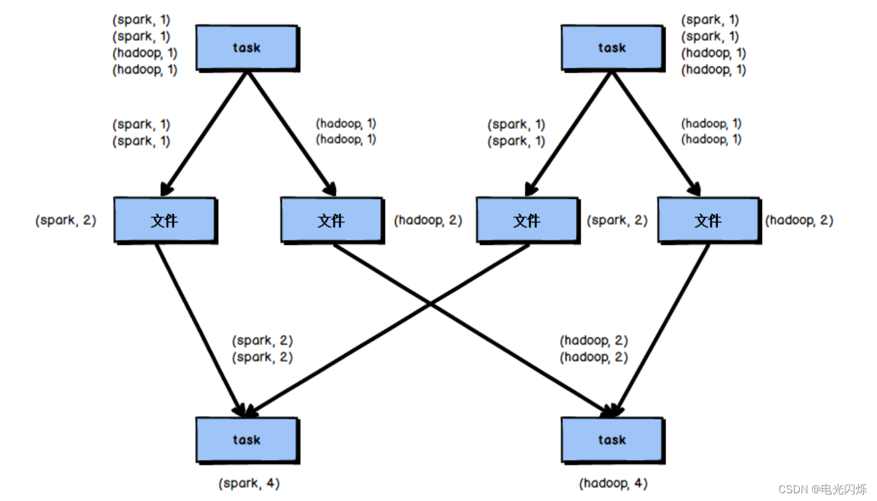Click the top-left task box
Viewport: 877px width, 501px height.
246,48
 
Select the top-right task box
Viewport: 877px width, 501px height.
612,48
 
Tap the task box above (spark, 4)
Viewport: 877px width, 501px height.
246,440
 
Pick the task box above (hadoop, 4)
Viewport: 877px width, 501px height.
612,440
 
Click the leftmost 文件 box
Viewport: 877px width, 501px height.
165,220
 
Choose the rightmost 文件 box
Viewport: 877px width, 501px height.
708,220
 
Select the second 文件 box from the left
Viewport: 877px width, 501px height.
331,220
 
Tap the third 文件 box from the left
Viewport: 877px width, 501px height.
527,220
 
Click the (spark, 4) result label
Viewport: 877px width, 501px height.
249,484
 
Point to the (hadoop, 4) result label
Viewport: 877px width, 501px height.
613,484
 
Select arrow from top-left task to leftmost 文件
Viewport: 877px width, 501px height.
205,133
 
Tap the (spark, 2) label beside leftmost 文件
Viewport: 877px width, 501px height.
66,220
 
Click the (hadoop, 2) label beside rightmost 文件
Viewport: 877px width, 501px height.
799,220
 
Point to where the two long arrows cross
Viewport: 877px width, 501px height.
429,304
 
